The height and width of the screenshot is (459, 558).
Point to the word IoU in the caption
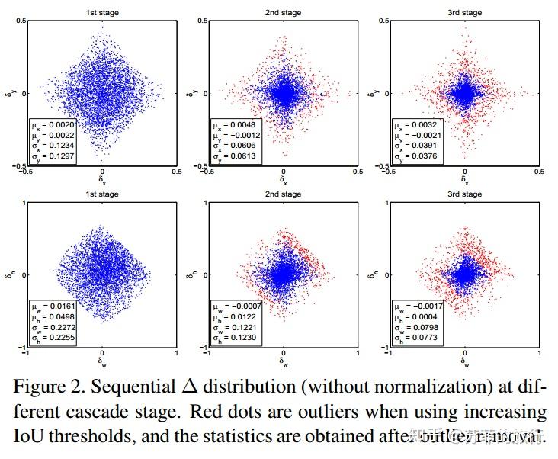(x=26, y=437)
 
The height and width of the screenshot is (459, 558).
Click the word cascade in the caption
(x=128, y=412)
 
